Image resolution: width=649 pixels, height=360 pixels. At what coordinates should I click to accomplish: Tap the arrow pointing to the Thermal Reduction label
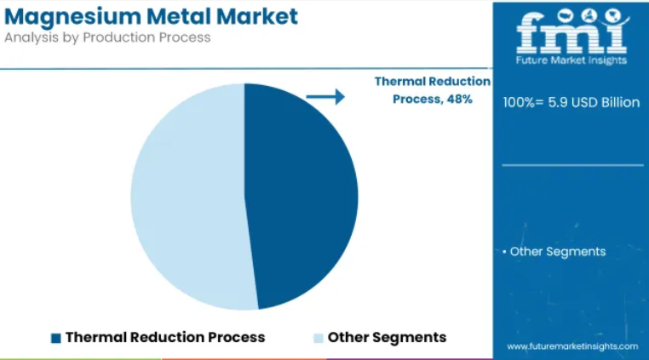(325, 97)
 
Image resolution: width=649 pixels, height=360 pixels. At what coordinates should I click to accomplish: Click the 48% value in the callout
(459, 100)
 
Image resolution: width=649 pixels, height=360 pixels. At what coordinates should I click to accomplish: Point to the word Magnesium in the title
(73, 17)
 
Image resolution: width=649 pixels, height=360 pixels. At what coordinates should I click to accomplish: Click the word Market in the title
(256, 16)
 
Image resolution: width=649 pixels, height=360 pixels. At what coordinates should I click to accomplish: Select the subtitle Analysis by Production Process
(107, 37)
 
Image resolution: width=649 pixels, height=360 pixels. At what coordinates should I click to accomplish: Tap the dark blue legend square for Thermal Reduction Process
(56, 338)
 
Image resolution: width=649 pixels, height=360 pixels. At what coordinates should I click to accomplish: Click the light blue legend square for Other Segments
(319, 338)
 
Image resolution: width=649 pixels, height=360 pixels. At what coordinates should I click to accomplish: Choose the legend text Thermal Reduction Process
(165, 337)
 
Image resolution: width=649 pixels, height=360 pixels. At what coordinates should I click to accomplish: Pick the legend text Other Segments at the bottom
(387, 337)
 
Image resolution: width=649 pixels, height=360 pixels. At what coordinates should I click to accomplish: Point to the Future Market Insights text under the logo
(571, 60)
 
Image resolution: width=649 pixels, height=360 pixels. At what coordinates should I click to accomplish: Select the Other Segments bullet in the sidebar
(554, 252)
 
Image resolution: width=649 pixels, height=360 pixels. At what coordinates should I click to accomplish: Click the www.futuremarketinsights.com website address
(572, 346)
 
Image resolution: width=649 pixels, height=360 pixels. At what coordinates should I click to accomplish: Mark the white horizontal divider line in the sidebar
(573, 165)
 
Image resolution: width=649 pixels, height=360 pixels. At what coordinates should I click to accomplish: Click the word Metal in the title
(179, 16)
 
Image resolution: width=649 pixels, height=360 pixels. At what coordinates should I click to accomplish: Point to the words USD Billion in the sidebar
(606, 102)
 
